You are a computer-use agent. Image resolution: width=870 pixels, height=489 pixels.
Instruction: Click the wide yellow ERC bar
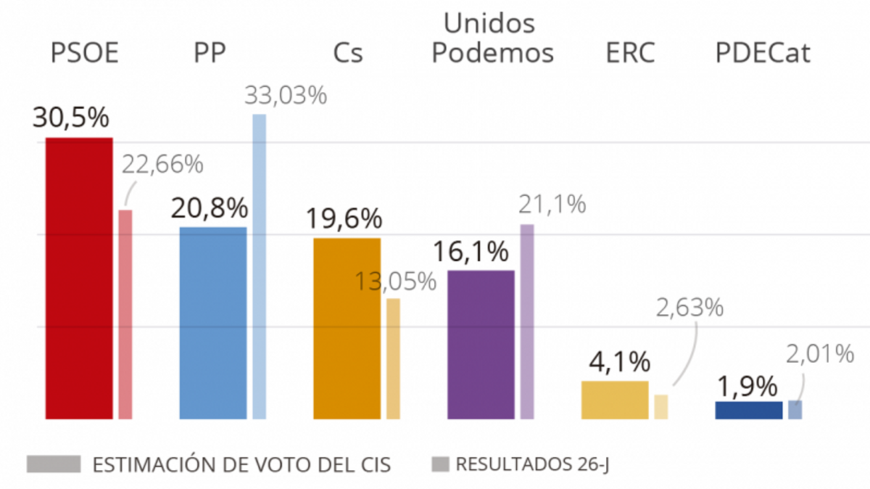615,400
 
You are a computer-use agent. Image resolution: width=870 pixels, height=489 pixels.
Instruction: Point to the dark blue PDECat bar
748,410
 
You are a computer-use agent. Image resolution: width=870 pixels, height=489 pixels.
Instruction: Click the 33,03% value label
286,96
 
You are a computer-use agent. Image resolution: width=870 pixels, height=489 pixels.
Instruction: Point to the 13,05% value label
395,281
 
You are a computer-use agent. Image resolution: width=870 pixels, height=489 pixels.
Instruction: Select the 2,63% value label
689,308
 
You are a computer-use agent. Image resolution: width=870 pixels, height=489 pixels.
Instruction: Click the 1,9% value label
748,385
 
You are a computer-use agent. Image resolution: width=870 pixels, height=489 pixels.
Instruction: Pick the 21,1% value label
552,205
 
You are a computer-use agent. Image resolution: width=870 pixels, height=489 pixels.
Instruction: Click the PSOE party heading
84,53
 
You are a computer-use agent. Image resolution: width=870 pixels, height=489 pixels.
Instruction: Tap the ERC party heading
629,53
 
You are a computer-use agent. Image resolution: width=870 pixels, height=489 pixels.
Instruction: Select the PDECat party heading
763,53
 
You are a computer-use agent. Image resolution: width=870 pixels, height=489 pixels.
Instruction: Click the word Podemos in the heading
492,53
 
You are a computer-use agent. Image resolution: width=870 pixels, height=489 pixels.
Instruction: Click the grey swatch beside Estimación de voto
54,464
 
